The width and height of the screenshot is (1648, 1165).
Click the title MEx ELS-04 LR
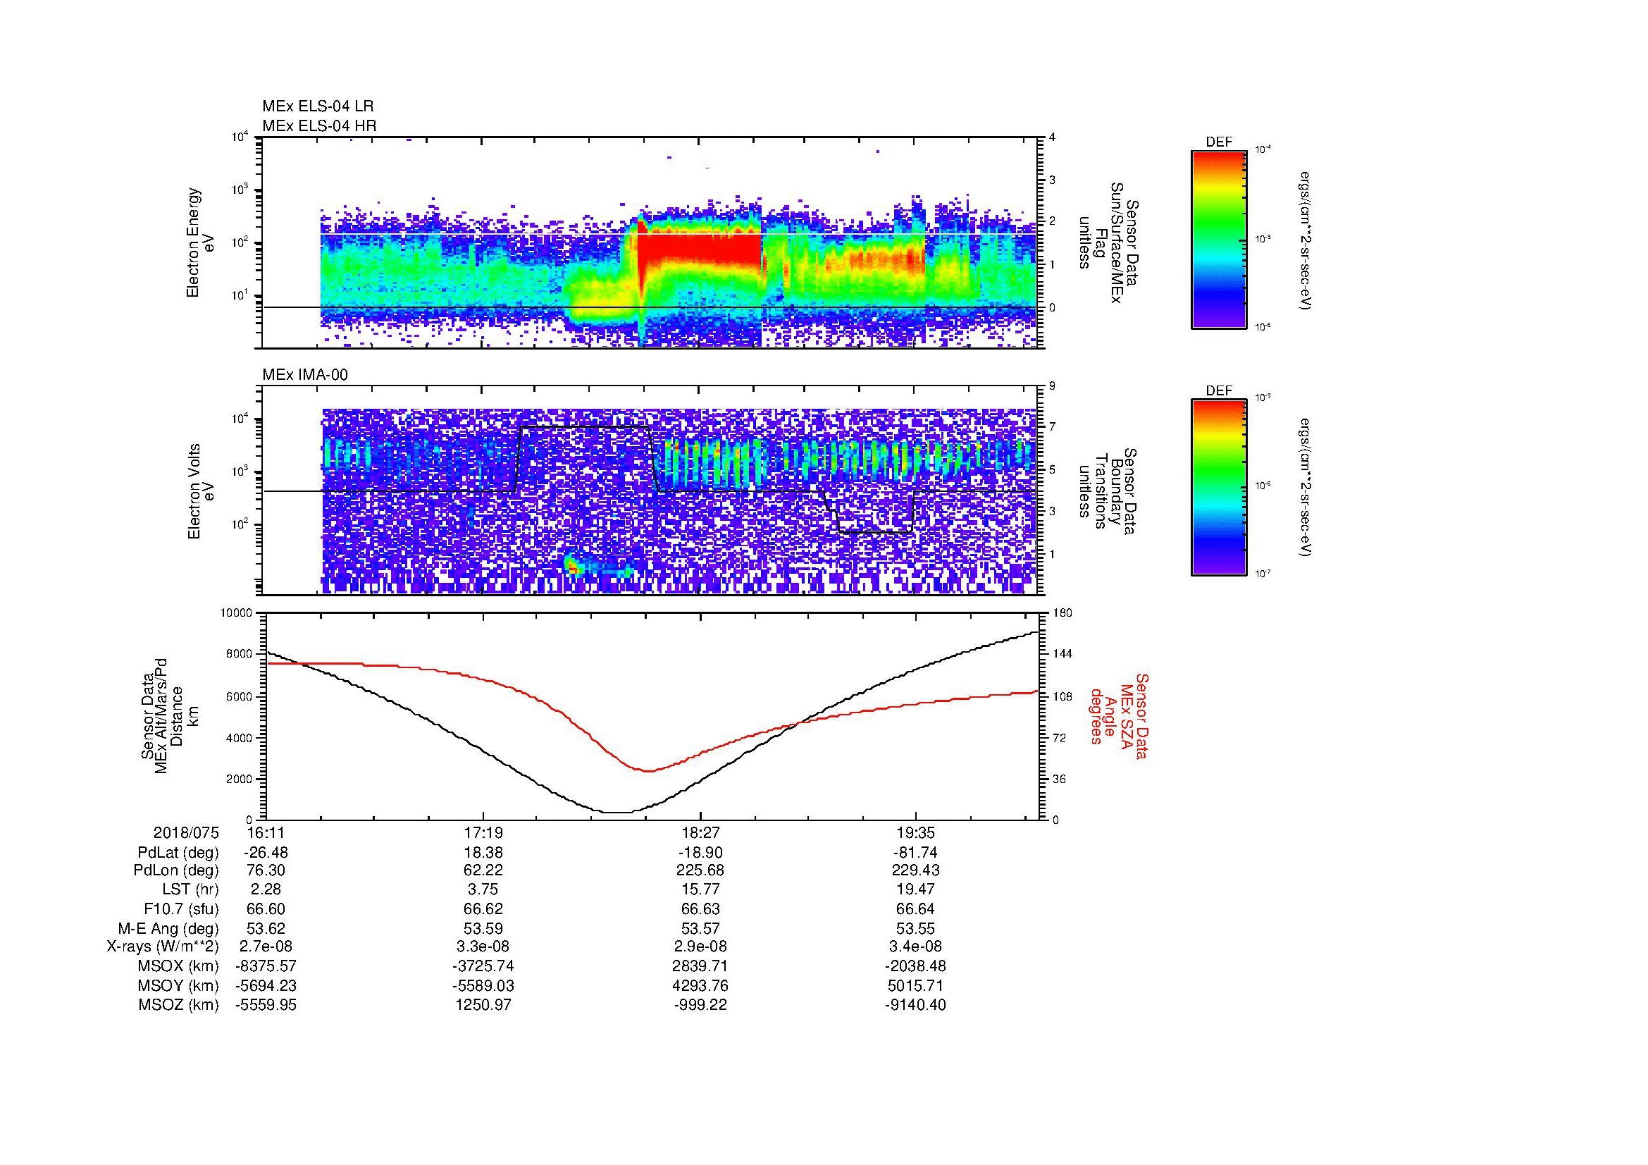(317, 106)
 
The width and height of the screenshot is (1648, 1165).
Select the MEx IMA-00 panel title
(304, 374)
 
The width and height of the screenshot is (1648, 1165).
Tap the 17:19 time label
(483, 832)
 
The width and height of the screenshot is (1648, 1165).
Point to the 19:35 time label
(915, 832)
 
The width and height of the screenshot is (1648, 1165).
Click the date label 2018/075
(186, 832)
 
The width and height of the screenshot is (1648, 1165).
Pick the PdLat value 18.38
(483, 852)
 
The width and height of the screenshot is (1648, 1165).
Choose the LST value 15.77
(700, 890)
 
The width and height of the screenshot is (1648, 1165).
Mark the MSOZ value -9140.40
(915, 1005)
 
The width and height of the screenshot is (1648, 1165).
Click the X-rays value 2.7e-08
(266, 947)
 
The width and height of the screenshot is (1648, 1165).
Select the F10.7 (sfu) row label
(181, 908)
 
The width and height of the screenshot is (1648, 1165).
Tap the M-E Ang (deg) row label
(168, 928)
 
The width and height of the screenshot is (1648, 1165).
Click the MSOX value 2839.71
(700, 966)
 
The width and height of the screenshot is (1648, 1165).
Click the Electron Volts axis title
(202, 491)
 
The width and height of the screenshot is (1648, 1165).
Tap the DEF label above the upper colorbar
(1219, 142)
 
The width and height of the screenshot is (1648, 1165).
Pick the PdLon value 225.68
(700, 870)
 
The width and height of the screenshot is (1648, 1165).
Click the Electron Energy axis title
(202, 242)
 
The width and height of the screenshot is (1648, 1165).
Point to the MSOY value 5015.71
(915, 985)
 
